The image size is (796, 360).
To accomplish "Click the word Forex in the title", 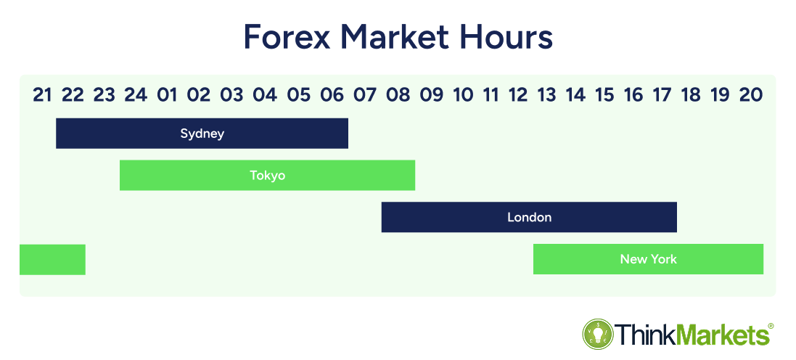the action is click(x=287, y=36).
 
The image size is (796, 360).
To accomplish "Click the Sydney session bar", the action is click(x=202, y=134).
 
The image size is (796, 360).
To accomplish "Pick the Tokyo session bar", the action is click(x=268, y=175).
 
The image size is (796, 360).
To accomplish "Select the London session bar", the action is click(x=529, y=217).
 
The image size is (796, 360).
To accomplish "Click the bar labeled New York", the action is click(x=648, y=259).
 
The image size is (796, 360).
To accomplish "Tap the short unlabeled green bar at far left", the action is click(x=52, y=259).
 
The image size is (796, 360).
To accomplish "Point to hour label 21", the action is click(x=42, y=95).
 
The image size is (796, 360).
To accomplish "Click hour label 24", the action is click(x=136, y=95).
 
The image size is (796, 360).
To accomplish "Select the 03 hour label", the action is click(x=232, y=95).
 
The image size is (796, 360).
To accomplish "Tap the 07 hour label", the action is click(x=364, y=95).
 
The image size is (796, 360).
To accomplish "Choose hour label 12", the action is click(x=518, y=95).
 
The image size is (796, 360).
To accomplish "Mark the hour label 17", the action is click(x=662, y=95).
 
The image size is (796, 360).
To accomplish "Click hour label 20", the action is click(x=751, y=95).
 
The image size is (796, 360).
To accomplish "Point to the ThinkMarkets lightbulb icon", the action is click(x=598, y=334).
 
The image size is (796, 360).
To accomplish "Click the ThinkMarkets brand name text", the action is click(x=694, y=335).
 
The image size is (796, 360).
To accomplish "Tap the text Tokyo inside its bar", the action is click(x=268, y=176).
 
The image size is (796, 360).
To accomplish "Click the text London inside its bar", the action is click(x=530, y=217).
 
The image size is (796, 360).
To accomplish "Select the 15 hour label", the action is click(x=604, y=95).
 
